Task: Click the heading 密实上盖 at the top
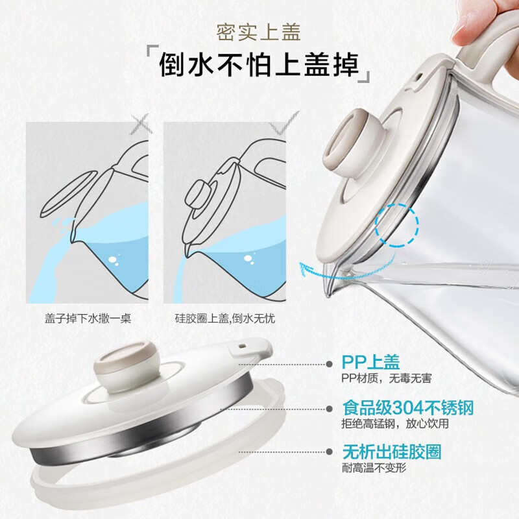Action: pyautogui.click(x=259, y=31)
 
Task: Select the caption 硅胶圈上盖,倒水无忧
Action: pyautogui.click(x=230, y=319)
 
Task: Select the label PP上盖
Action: pyautogui.click(x=370, y=361)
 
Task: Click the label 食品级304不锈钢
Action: pyautogui.click(x=407, y=408)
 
